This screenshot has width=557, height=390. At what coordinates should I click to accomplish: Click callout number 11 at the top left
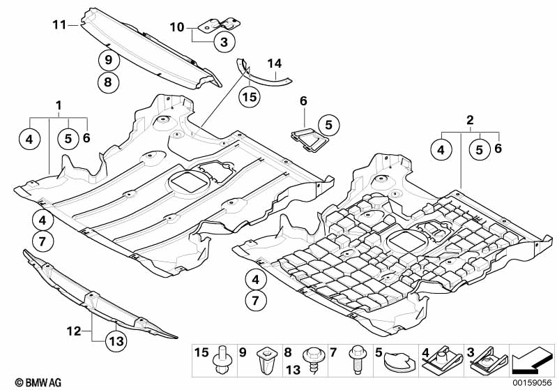pyautogui.click(x=58, y=25)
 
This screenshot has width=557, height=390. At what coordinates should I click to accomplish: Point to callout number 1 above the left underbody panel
pyautogui.click(x=59, y=105)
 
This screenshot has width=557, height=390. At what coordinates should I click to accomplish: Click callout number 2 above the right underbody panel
pyautogui.click(x=471, y=120)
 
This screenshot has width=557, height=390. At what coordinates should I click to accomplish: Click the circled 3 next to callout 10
pyautogui.click(x=223, y=43)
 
